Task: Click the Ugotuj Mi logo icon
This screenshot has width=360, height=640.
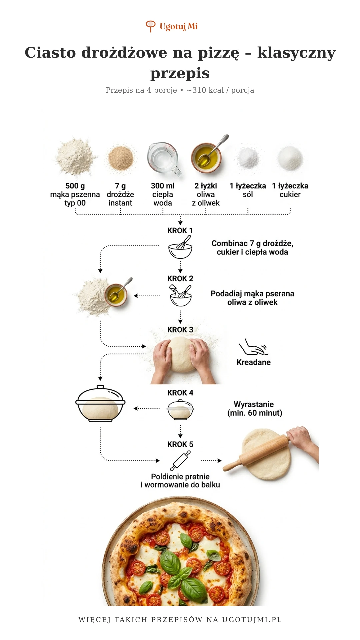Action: pyautogui.click(x=151, y=26)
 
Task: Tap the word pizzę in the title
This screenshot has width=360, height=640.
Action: pyautogui.click(x=219, y=53)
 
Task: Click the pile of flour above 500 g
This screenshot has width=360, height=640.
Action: pyautogui.click(x=76, y=157)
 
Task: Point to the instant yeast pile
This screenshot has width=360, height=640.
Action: pyautogui.click(x=121, y=158)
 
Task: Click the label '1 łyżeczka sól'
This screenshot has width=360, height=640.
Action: pyautogui.click(x=248, y=190)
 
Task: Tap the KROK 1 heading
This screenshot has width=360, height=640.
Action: pyautogui.click(x=180, y=231)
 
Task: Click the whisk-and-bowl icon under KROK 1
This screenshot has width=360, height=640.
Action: pyautogui.click(x=180, y=247)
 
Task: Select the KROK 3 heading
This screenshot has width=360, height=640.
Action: pyautogui.click(x=180, y=330)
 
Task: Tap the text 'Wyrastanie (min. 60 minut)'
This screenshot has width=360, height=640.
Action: pyautogui.click(x=254, y=409)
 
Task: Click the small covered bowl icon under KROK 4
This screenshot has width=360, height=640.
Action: pyautogui.click(x=180, y=410)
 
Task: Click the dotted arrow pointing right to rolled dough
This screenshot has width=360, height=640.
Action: pyautogui.click(x=211, y=461)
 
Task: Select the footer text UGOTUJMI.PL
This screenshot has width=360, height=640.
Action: pyautogui.click(x=252, y=620)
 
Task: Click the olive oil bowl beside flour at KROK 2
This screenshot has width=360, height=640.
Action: pyautogui.click(x=116, y=295)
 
